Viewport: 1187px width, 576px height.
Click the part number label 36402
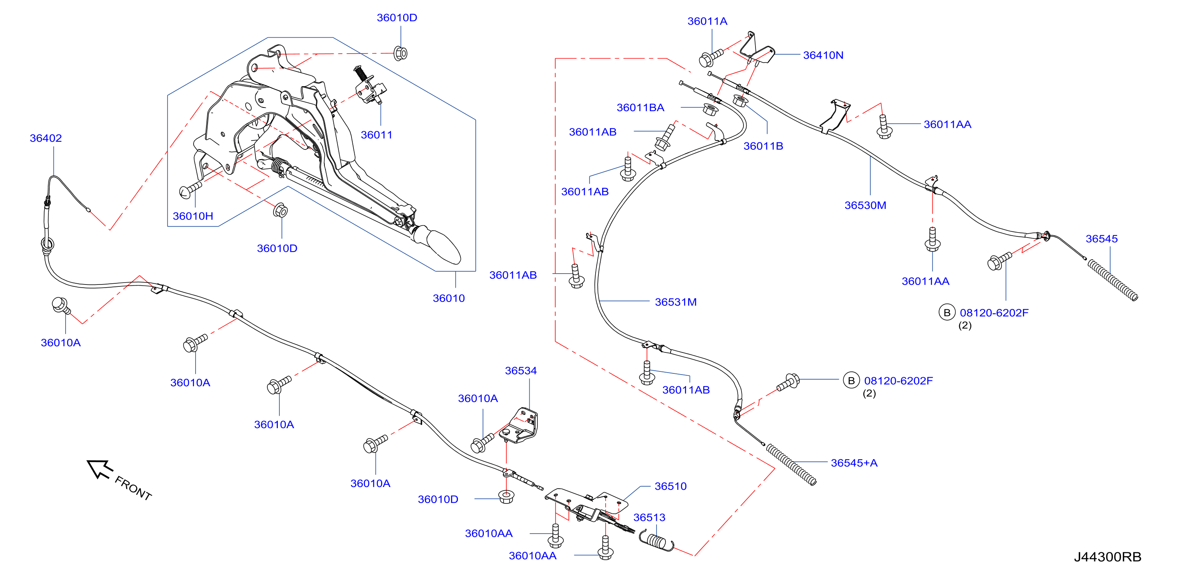(46, 138)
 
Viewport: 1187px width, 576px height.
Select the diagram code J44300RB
(1107, 557)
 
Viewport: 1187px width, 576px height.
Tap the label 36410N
(823, 55)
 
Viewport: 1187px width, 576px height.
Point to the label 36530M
(865, 205)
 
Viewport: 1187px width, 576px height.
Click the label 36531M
(676, 302)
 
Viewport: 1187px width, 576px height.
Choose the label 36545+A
(854, 463)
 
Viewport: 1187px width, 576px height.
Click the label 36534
(521, 371)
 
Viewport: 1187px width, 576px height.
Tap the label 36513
(649, 517)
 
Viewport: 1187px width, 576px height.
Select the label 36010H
(192, 216)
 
